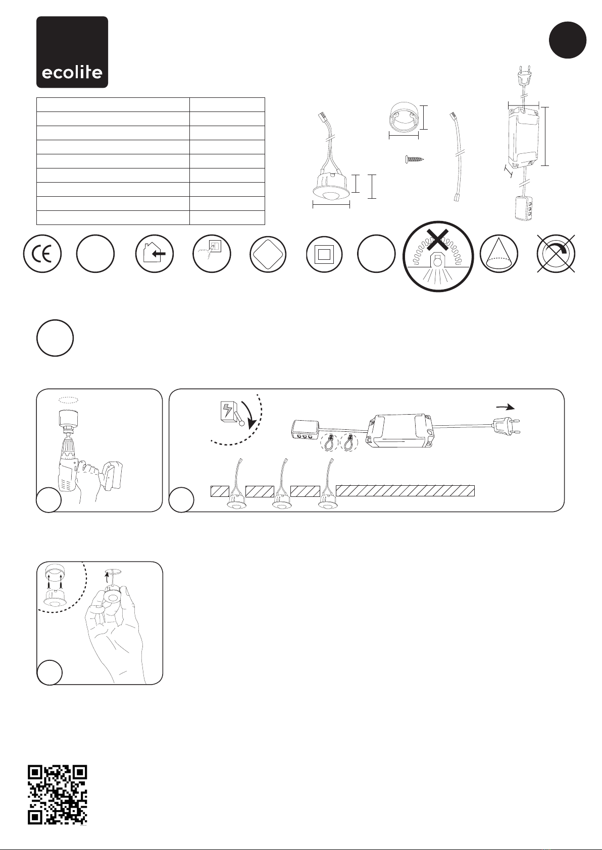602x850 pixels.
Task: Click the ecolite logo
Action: [72, 52]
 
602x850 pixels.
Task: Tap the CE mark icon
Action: [42, 253]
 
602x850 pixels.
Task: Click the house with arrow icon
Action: [155, 253]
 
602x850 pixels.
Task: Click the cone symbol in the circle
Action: [498, 253]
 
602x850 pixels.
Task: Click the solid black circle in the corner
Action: [568, 40]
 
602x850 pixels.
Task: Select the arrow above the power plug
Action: [506, 407]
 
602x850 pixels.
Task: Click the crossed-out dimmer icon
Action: [556, 253]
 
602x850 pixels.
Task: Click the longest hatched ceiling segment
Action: [405, 491]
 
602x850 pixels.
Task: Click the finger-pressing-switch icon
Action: [212, 253]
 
